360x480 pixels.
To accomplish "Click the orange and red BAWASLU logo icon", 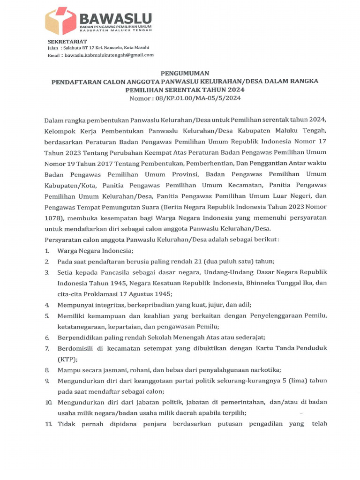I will click(x=61, y=22).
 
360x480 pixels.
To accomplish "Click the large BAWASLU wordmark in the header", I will click(x=116, y=18).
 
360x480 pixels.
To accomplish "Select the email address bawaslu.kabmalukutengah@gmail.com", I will click(x=109, y=55).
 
